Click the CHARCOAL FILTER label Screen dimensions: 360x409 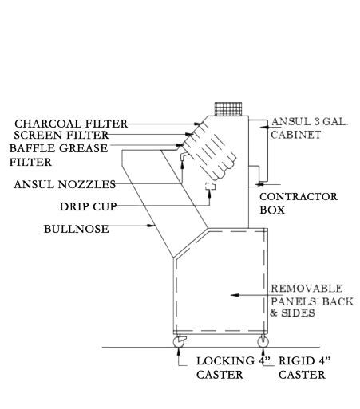[x=71, y=124]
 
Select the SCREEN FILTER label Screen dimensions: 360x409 [x=61, y=135]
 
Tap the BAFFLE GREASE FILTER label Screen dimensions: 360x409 [x=58, y=155]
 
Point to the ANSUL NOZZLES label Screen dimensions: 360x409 [x=65, y=184]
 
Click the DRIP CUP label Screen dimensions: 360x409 [x=88, y=206]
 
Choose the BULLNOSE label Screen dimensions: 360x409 [x=77, y=229]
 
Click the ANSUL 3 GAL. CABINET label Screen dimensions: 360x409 [x=309, y=128]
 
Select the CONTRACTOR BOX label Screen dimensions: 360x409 [x=299, y=203]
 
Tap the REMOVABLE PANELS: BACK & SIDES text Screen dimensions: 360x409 [x=312, y=301]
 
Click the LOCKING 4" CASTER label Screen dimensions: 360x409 [x=233, y=368]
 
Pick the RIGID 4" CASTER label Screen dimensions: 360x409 [x=304, y=368]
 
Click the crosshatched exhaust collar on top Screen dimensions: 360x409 [x=228, y=109]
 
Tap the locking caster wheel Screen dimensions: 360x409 [x=179, y=342]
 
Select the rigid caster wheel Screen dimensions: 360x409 [x=263, y=342]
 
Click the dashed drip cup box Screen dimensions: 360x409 [x=210, y=187]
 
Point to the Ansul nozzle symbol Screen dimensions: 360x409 [x=184, y=156]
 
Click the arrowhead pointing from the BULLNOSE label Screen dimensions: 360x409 [x=152, y=226]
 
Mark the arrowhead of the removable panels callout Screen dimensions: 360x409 [x=235, y=295]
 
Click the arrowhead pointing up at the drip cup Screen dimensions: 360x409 [x=209, y=194]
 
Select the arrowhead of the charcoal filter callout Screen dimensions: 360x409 [x=198, y=124]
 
